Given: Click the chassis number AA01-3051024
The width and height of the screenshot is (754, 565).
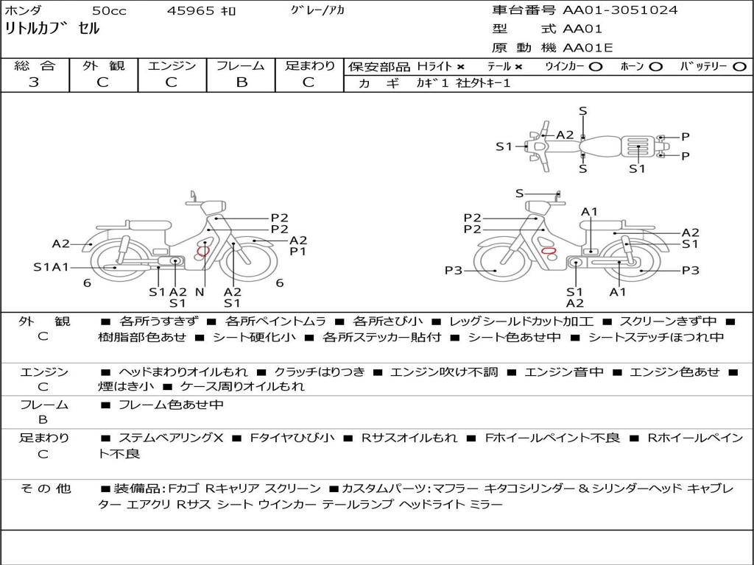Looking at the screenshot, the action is click(620, 10).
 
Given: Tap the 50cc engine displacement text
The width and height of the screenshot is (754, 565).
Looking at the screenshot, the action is click(109, 10).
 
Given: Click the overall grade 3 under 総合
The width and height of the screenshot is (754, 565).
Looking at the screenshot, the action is click(34, 82).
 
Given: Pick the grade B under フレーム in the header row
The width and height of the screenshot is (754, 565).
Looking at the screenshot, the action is click(242, 82).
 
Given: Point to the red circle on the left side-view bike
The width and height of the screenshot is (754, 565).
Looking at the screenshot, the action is click(203, 250).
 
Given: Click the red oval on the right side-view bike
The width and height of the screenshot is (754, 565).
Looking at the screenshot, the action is click(549, 251).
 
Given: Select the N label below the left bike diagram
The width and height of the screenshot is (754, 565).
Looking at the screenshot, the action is click(200, 291).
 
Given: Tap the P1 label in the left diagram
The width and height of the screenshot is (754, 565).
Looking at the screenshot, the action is click(297, 252).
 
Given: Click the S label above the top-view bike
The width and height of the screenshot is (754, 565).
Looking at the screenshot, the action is click(583, 111).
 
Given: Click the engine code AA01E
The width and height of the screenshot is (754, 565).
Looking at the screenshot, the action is click(588, 48).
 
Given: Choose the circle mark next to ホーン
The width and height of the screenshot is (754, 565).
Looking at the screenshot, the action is click(655, 67).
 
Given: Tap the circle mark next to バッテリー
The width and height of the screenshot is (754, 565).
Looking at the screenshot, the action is click(739, 67).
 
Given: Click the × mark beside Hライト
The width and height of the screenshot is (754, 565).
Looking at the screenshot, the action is click(461, 67).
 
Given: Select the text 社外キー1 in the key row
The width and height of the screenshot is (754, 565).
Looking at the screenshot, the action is click(483, 83).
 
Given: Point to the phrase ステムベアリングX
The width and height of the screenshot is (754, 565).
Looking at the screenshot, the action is click(171, 438).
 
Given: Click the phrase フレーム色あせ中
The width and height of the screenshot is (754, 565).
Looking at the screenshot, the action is click(171, 405).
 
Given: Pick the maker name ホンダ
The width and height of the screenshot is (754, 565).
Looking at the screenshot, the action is click(24, 10).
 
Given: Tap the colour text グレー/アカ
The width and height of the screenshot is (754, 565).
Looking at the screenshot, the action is click(318, 10).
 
